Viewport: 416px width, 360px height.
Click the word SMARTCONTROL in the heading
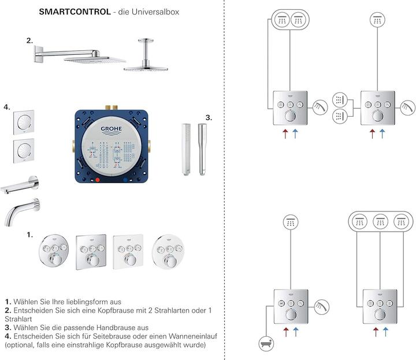(x=75, y=12)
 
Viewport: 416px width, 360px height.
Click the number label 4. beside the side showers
(x=6, y=107)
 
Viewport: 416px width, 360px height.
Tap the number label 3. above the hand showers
(x=208, y=117)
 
